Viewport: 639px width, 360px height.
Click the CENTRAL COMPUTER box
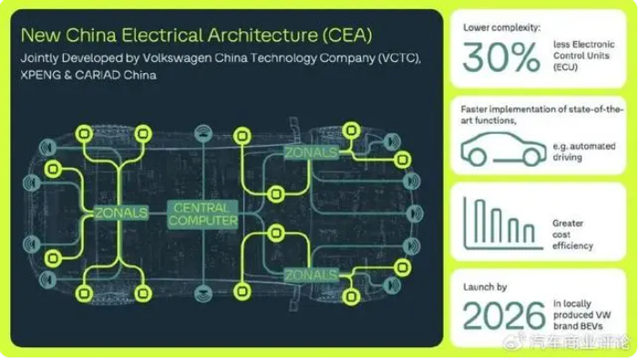(202, 214)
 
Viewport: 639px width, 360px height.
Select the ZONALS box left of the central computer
(121, 212)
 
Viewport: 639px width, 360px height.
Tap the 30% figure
(501, 57)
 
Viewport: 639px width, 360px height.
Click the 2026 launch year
(504, 315)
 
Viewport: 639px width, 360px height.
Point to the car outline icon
(503, 149)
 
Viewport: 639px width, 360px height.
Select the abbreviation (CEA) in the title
(346, 35)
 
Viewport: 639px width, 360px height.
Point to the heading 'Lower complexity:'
(501, 27)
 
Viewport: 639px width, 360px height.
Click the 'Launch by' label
(485, 287)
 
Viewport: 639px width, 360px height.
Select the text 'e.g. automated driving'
(583, 151)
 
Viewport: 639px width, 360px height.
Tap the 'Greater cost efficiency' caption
(572, 234)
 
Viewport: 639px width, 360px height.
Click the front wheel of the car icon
(531, 157)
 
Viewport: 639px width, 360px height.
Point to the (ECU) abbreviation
(565, 67)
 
